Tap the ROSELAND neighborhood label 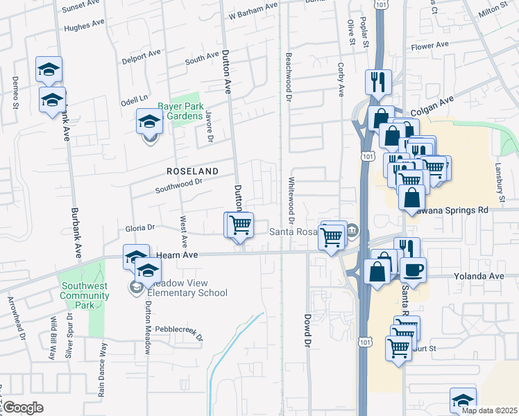[192, 171]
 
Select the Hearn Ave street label [178, 255]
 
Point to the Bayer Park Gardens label [178, 112]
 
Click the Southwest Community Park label [85, 295]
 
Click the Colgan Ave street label [431, 102]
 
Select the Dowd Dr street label [307, 330]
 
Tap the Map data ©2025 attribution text [489, 410]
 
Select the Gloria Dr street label [139, 227]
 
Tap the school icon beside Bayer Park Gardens [149, 123]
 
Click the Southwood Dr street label [178, 184]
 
